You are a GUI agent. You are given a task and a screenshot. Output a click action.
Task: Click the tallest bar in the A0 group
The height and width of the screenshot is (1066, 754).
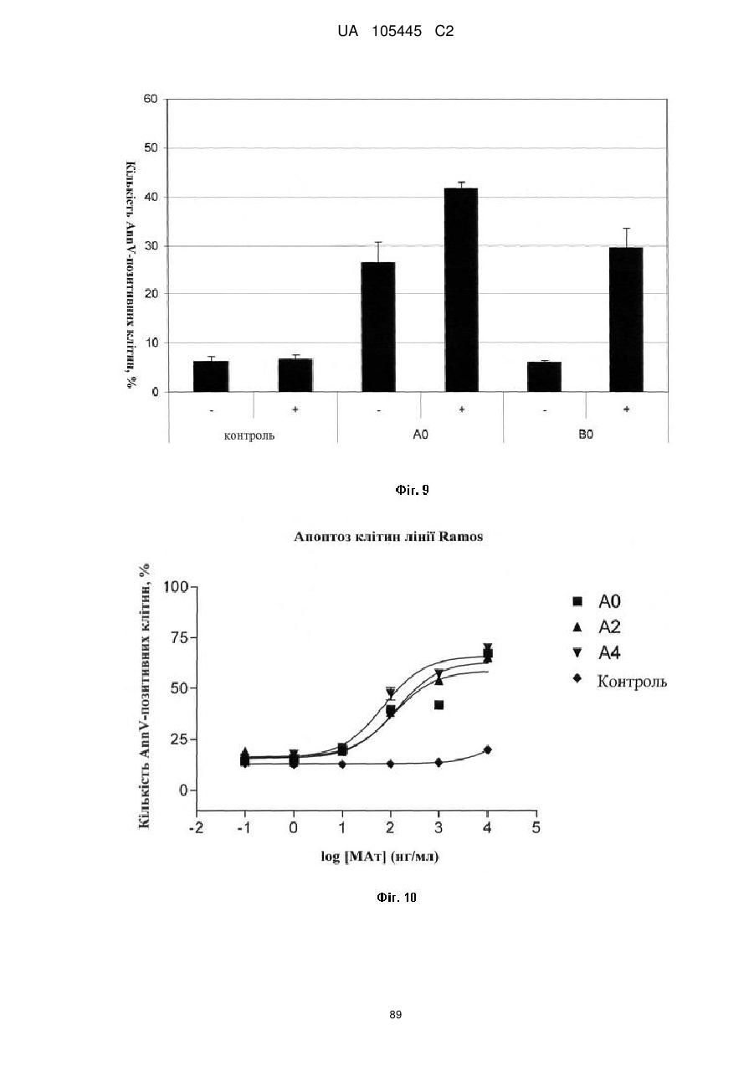coord(461,290)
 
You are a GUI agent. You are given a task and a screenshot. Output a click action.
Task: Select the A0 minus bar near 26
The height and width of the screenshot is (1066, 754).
coord(378,327)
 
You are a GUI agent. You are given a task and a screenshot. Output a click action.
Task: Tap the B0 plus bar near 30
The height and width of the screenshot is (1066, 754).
coord(626,319)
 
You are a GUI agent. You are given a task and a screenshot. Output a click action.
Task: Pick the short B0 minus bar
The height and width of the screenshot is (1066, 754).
coord(544,377)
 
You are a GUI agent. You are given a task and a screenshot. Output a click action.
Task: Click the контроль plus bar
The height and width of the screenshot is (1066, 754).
coord(295,375)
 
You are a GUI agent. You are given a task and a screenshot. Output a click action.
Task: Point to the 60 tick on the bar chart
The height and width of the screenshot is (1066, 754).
coord(151,99)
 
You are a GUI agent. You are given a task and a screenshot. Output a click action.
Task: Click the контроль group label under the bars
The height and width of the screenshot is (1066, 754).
coord(249,435)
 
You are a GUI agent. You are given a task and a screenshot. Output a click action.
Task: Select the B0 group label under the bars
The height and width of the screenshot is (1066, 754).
coord(586,435)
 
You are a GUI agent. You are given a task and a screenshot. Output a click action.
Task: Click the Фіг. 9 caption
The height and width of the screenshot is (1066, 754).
coord(412,490)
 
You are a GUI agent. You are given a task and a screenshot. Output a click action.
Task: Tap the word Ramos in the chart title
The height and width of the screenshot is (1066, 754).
coord(460,537)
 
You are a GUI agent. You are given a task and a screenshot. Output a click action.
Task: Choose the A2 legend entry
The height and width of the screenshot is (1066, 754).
coord(597,627)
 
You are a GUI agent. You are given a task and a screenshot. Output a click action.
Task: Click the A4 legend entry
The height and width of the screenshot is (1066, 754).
coord(597,653)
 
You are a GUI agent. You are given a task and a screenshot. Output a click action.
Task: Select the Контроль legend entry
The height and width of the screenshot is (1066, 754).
coord(620,681)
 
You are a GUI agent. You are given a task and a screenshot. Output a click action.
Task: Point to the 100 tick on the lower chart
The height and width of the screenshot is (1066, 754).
coord(176,587)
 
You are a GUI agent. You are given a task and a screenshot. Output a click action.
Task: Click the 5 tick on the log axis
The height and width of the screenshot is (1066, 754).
coord(536,828)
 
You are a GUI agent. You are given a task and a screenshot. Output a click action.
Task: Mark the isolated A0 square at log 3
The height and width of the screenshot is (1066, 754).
coord(439,705)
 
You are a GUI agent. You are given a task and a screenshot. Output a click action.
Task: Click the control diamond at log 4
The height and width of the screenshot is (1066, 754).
coord(487,749)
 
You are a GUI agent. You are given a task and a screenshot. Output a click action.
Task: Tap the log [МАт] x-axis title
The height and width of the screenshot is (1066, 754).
coord(380,857)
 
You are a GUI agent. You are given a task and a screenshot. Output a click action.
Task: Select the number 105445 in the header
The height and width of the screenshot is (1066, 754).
coord(397,32)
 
